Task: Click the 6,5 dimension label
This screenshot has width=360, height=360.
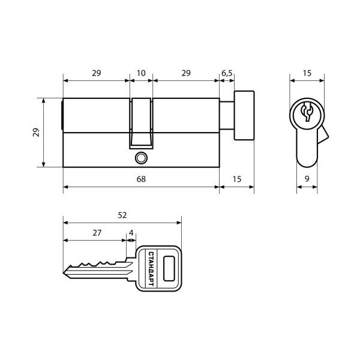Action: tap(227, 73)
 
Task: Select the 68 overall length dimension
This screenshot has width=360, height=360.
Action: tap(141, 179)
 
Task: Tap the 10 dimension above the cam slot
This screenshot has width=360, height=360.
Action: tap(141, 73)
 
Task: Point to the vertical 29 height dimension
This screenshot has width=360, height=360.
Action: tap(36, 133)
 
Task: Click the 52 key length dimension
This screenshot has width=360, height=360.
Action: tap(122, 215)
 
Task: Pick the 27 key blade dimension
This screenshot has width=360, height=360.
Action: tap(97, 233)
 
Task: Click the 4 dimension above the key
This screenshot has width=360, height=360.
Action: tap(131, 233)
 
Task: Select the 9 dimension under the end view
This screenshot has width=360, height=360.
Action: tap(307, 179)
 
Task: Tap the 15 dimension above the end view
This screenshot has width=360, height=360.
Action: tap(307, 73)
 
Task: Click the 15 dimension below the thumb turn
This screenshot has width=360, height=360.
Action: tap(237, 179)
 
